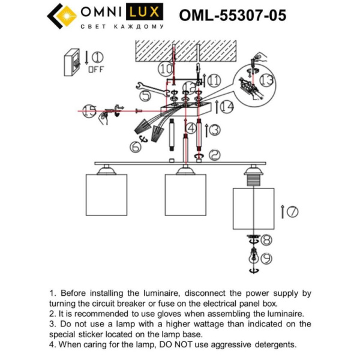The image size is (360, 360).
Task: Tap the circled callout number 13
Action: click(266, 80)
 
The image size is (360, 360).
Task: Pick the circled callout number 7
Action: click(292, 211)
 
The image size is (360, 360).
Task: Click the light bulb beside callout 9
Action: click(254, 255)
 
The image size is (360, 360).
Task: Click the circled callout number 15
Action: click(89, 110)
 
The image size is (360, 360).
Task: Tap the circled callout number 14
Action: click(226, 107)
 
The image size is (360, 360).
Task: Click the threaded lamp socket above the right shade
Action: click(253, 178)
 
